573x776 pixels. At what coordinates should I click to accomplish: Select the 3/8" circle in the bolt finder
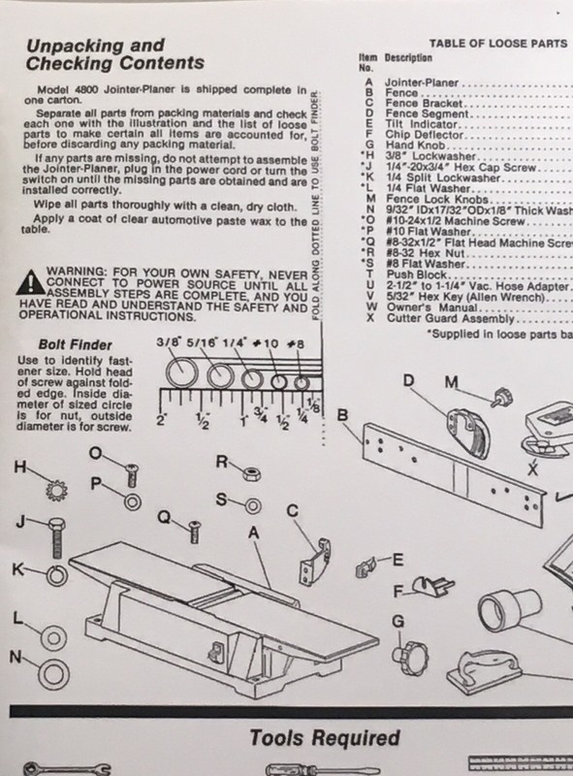click(x=179, y=372)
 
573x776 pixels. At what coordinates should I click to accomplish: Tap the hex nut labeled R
click(x=250, y=470)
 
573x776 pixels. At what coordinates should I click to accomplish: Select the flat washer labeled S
click(x=251, y=505)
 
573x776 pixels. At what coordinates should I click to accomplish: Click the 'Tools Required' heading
click(x=325, y=738)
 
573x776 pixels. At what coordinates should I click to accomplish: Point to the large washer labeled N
click(x=47, y=670)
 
